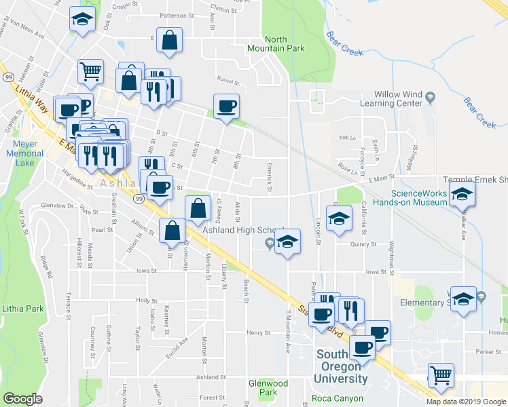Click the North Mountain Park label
click(x=276, y=44)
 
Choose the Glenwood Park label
click(x=268, y=388)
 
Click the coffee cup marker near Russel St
click(x=226, y=106)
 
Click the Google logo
click(x=22, y=399)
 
